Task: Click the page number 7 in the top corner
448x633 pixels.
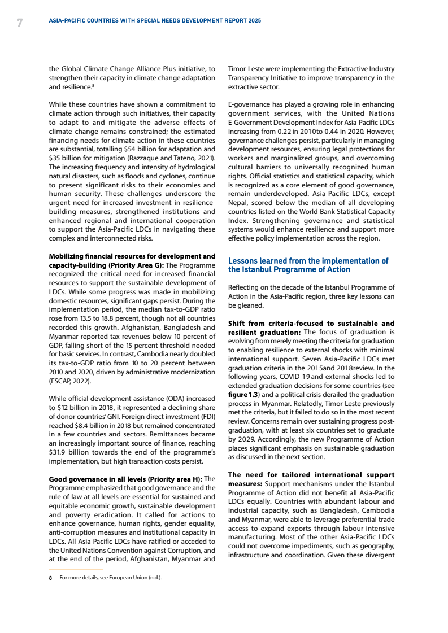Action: click(20, 23)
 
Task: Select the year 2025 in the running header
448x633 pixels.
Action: click(254, 20)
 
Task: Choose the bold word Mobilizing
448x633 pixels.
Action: click(68, 256)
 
